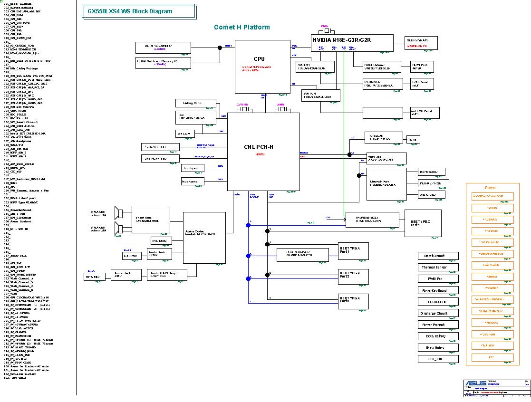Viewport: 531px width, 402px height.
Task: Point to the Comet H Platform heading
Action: click(242, 28)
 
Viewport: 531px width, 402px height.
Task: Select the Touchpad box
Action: click(193, 168)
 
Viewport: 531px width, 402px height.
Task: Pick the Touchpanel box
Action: click(193, 182)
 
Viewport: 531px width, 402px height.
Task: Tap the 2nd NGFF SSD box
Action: click(160, 158)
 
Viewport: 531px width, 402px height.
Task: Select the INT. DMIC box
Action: click(160, 240)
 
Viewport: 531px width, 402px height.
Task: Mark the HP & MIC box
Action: click(94, 276)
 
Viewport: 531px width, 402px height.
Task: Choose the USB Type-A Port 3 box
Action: click(352, 301)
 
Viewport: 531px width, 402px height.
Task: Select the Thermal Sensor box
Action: click(438, 268)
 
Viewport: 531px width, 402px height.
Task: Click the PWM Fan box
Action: click(438, 279)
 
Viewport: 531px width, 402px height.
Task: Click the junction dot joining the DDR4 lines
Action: click(220, 47)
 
